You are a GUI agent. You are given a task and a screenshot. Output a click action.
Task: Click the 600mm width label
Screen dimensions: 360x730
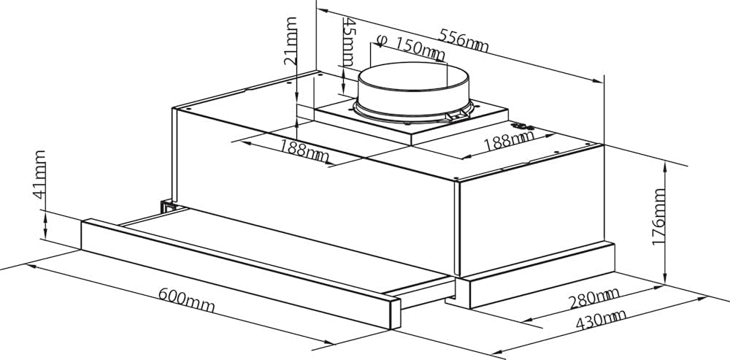(x=186, y=300)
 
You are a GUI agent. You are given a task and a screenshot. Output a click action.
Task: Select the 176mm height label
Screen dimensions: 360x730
(x=660, y=217)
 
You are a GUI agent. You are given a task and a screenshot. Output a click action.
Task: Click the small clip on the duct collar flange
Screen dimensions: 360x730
(x=458, y=115)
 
